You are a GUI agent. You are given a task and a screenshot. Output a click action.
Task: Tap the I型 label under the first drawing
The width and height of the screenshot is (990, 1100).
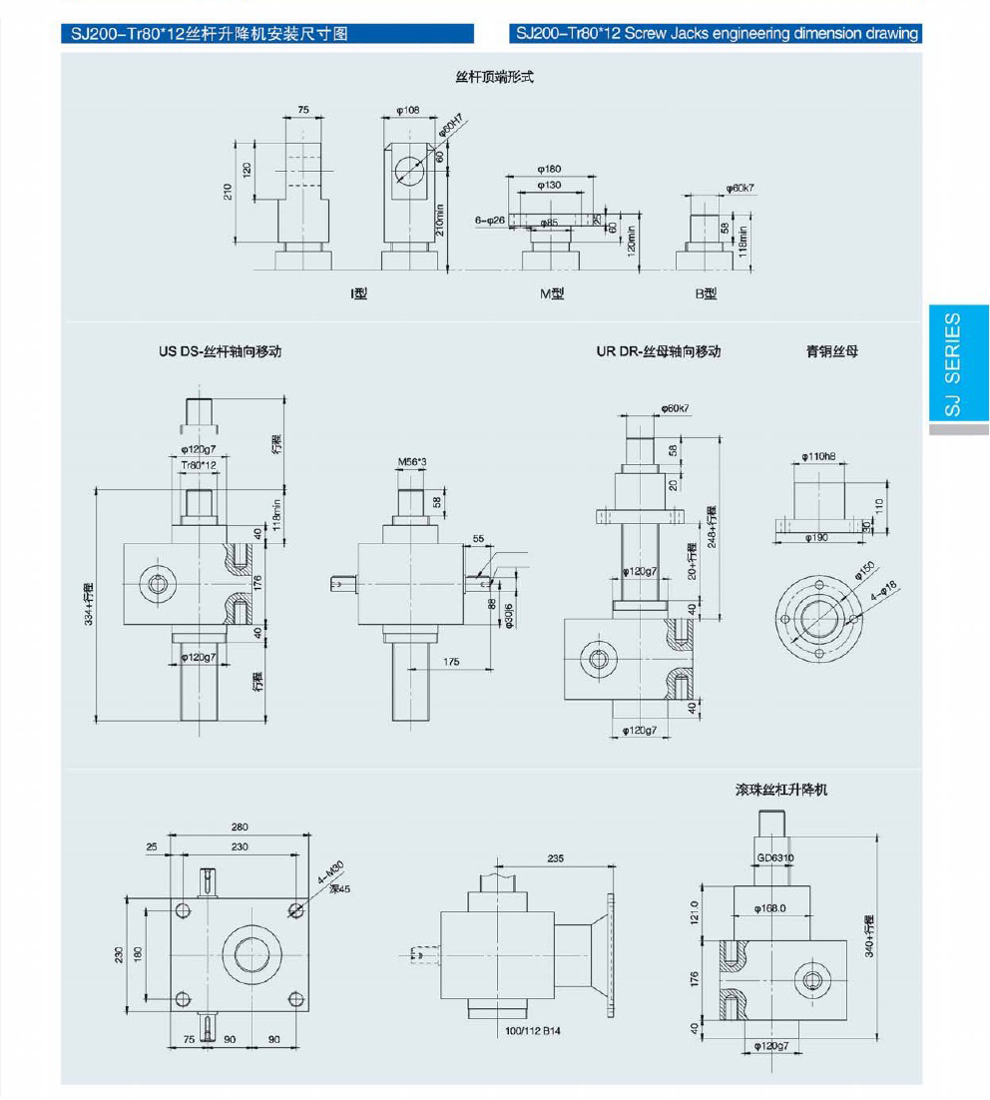coord(358,294)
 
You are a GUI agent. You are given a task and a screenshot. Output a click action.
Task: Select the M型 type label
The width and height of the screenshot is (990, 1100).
coord(552,294)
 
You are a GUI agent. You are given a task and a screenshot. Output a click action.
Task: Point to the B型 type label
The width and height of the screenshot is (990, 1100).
coord(706,294)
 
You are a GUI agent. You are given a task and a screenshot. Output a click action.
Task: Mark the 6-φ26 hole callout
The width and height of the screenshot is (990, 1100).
coord(490,220)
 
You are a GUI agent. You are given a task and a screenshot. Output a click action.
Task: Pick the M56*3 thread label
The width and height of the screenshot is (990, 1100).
coord(412,461)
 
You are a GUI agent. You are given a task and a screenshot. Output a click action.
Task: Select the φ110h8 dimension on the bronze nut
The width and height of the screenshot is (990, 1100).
coord(817,457)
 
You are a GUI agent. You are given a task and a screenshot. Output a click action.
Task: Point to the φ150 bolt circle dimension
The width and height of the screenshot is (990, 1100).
coord(863,575)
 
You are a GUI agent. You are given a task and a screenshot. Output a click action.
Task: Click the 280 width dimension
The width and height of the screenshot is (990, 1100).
coord(240,827)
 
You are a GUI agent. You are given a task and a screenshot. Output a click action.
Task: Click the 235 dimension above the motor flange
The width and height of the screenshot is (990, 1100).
coord(557,857)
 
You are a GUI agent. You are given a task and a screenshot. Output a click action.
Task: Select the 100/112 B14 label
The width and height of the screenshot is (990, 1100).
coord(533,1030)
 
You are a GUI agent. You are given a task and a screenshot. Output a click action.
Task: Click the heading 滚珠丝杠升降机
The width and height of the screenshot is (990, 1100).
coord(781,790)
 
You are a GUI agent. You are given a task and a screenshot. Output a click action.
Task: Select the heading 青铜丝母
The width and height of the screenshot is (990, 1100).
coord(832,351)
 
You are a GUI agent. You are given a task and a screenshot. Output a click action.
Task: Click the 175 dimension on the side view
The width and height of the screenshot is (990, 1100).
coord(451,662)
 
